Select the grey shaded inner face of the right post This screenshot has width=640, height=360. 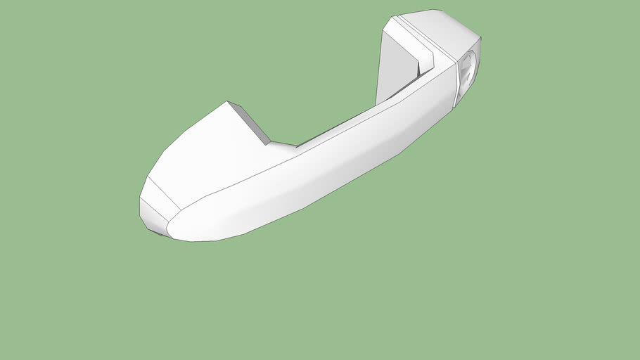tap(395, 67)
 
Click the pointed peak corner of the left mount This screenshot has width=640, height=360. tap(226, 102)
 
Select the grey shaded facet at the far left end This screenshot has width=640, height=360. tap(152, 215)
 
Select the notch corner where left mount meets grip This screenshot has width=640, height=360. tap(270, 143)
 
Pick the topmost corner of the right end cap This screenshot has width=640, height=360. tap(440, 10)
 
